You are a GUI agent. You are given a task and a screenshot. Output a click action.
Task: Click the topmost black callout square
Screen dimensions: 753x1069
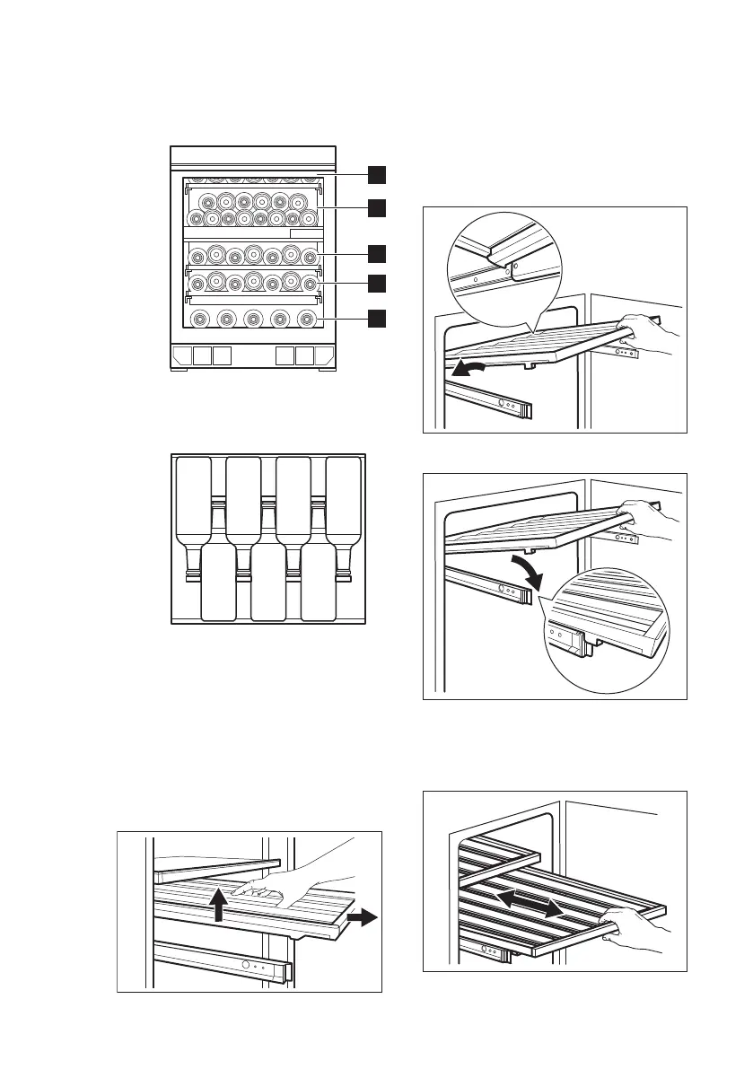click(x=380, y=172)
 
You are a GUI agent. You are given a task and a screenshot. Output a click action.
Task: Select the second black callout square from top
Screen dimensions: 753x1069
click(x=380, y=208)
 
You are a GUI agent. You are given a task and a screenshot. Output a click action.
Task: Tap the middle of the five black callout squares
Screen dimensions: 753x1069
click(x=380, y=253)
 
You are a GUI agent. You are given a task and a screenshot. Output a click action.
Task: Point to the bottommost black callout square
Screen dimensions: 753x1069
click(x=380, y=318)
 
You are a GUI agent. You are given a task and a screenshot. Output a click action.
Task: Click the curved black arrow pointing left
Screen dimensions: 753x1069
click(x=472, y=368)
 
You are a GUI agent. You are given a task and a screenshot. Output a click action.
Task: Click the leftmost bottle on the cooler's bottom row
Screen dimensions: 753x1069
click(x=198, y=318)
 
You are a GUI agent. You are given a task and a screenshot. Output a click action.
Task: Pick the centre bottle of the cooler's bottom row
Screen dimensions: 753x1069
click(x=253, y=318)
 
